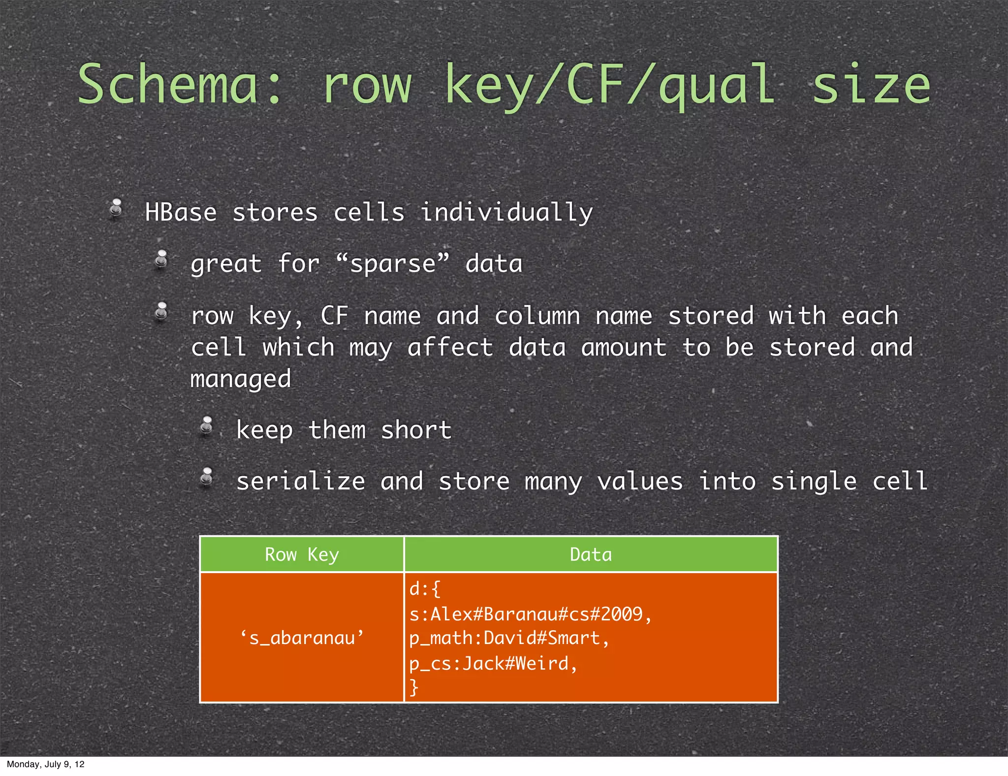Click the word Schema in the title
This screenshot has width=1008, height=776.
click(167, 85)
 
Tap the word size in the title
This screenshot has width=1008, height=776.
click(871, 85)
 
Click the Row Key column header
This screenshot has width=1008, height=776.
click(302, 554)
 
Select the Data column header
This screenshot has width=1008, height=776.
click(591, 554)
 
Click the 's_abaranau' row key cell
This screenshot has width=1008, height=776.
click(302, 638)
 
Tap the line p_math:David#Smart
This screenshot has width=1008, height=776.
click(509, 638)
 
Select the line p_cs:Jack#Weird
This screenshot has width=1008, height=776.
click(493, 663)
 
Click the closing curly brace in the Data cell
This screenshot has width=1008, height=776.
click(414, 687)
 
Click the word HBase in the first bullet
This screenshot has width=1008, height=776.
click(181, 213)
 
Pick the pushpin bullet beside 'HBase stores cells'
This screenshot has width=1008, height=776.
click(116, 207)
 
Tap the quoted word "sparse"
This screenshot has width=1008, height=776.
click(393, 263)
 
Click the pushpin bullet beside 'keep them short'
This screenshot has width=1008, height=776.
click(207, 426)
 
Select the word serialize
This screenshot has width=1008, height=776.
click(301, 481)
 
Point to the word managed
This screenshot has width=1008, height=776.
click(241, 379)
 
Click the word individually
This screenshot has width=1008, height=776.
click(506, 213)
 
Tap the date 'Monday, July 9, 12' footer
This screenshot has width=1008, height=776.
click(45, 764)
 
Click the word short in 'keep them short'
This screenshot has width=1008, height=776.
click(416, 430)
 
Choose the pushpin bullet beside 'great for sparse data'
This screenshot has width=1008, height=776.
click(161, 259)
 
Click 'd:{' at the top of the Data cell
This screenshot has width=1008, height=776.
click(424, 589)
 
